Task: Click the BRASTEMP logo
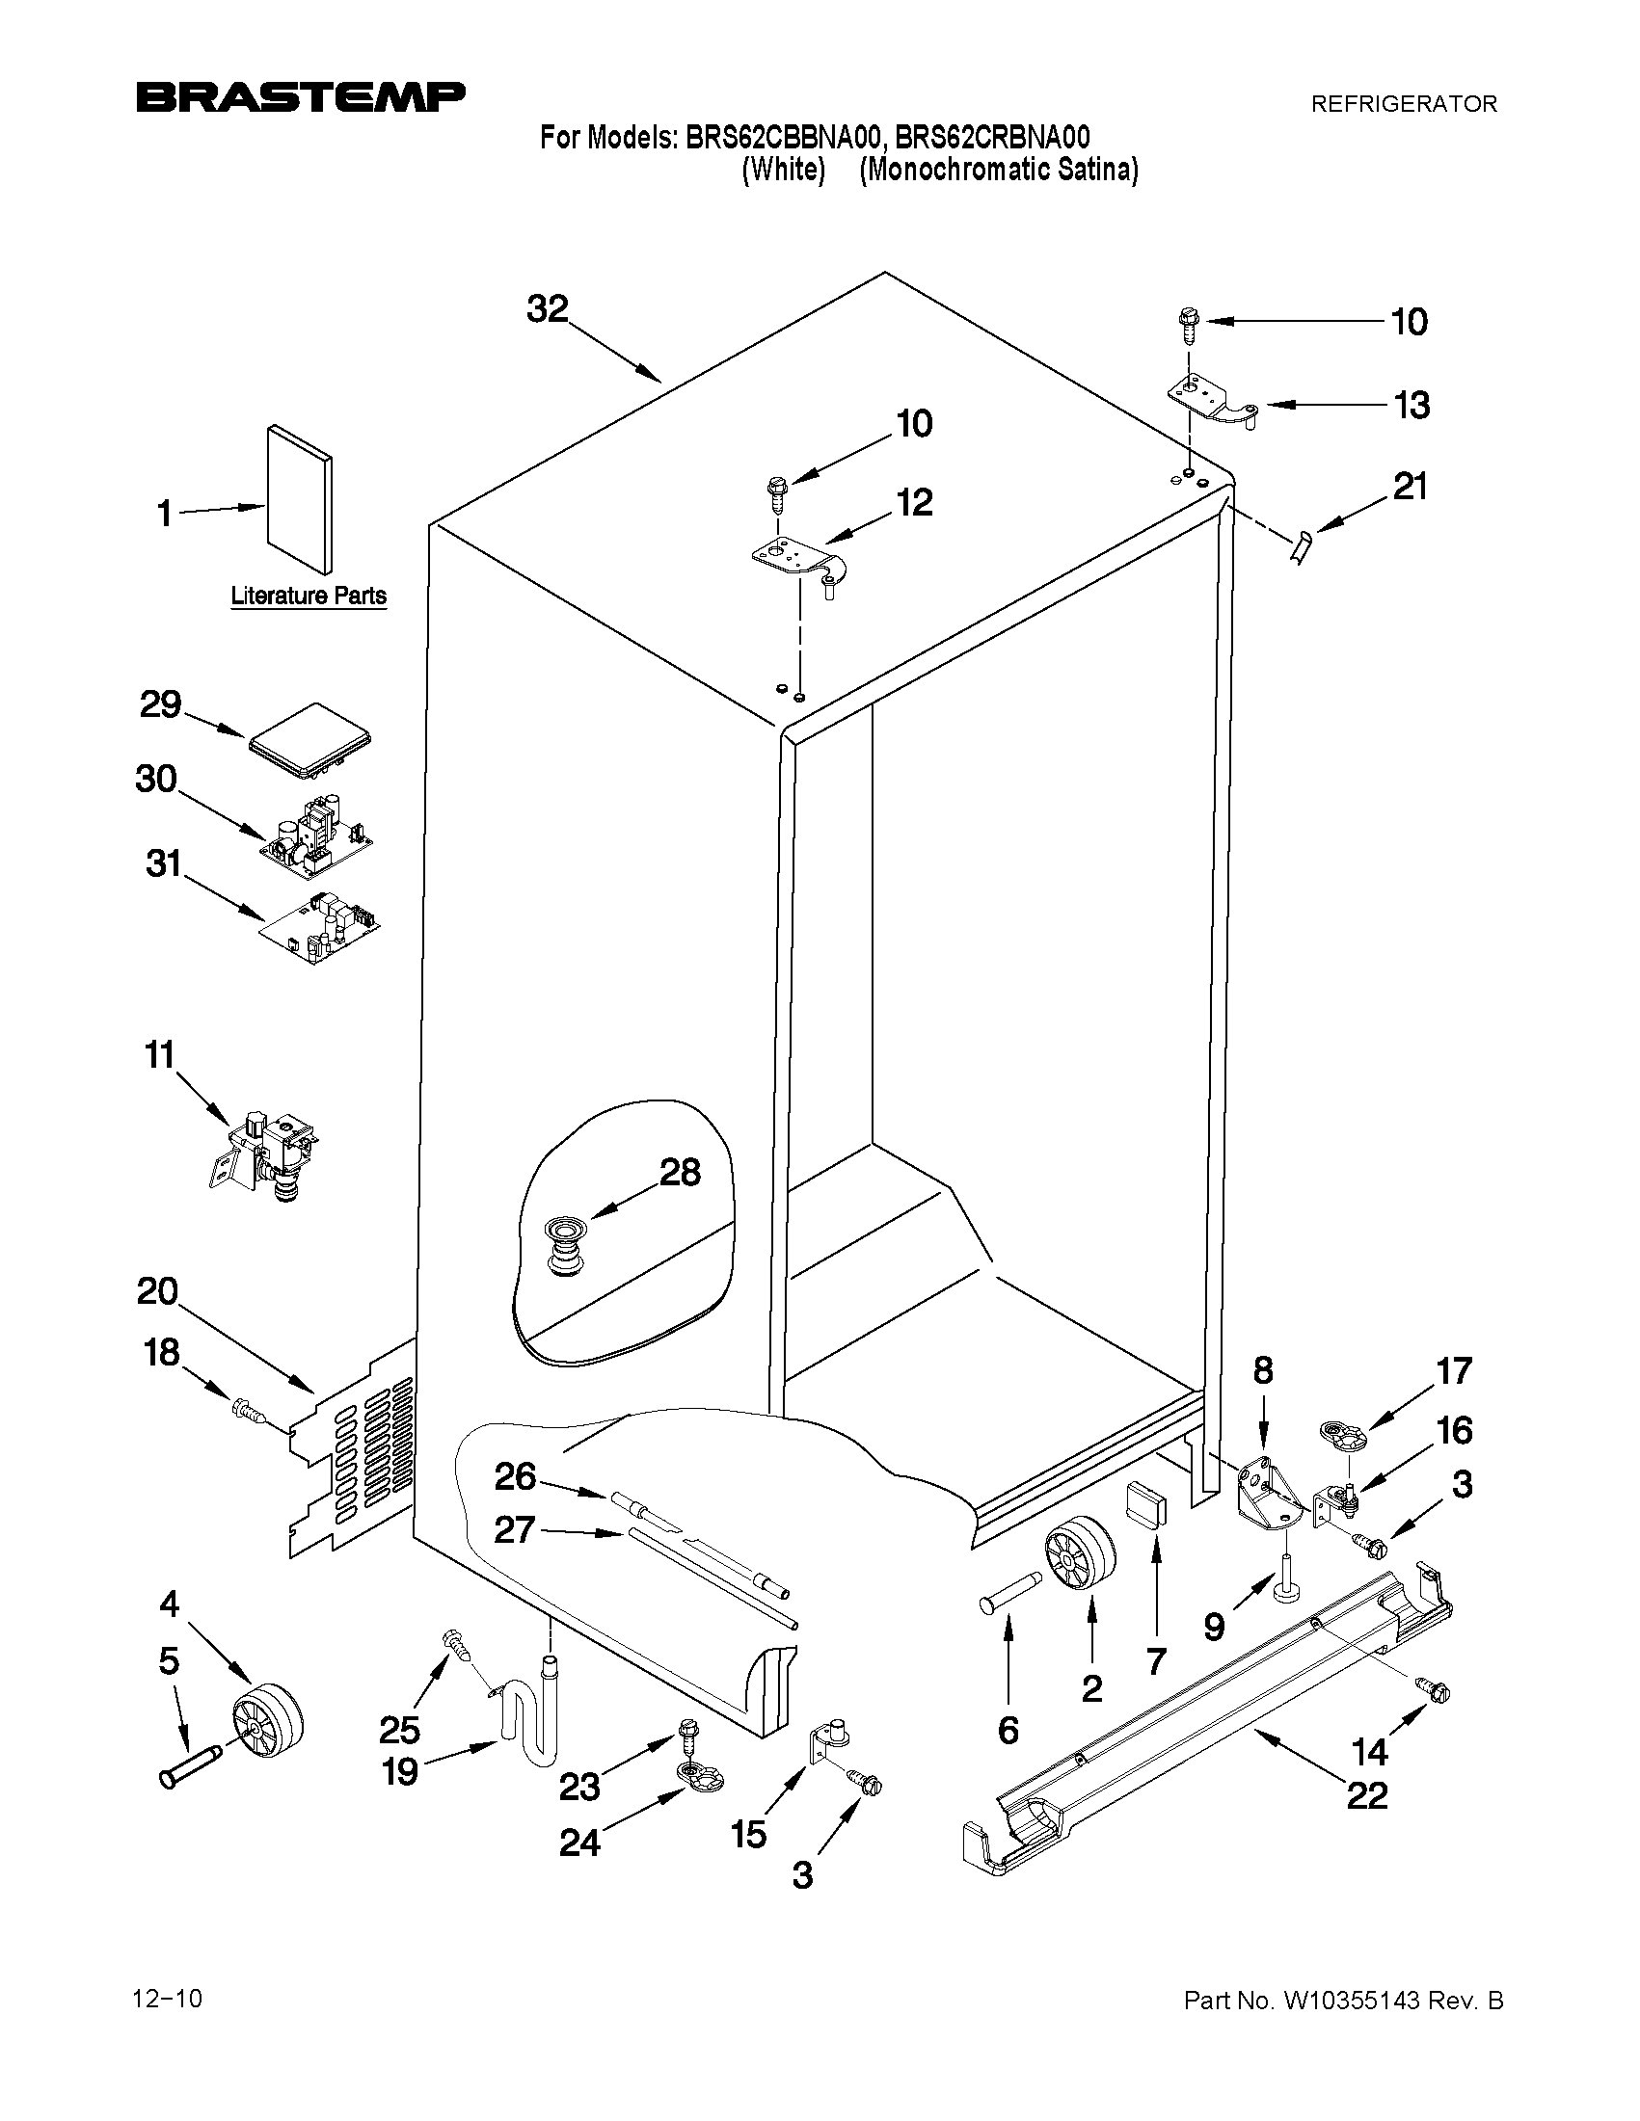pos(300,97)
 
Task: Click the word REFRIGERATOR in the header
pos(1404,104)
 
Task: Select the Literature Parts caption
pos(308,596)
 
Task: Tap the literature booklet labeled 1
pos(299,498)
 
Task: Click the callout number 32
pos(547,308)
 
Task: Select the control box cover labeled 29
pos(310,743)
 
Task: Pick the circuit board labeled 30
pos(316,835)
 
